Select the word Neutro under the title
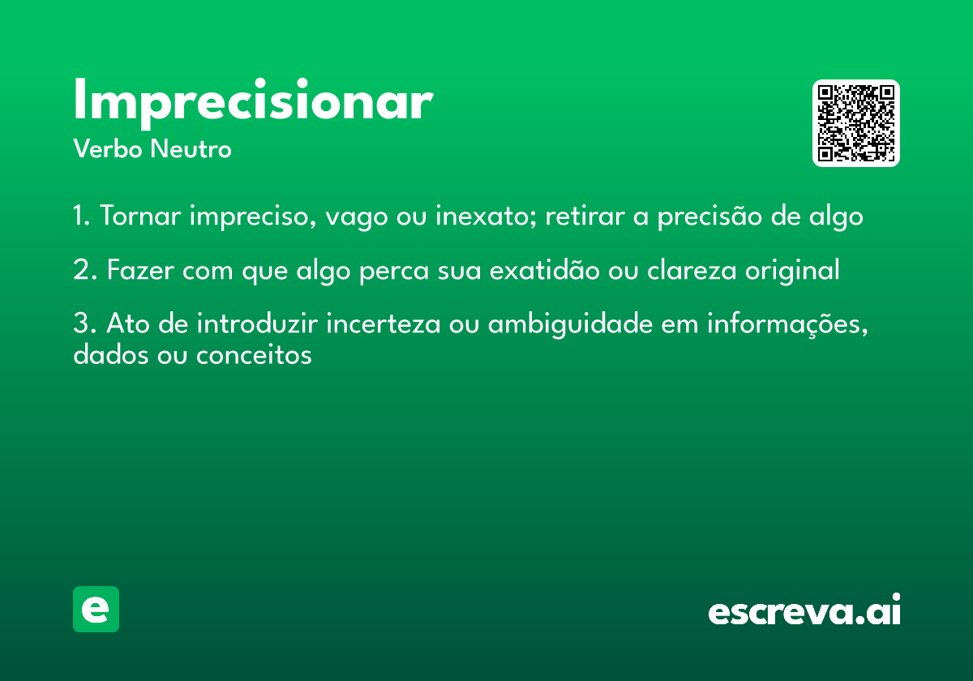(191, 150)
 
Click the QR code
(855, 123)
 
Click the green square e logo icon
(96, 609)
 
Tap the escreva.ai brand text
(804, 611)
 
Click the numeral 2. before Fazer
(84, 271)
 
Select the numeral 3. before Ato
(84, 325)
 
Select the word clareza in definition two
(686, 271)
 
